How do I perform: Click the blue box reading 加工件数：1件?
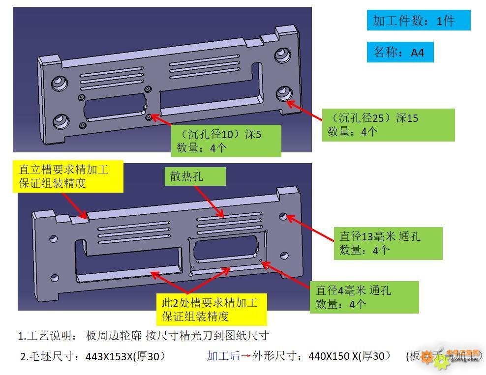418,21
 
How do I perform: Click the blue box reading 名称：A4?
400,52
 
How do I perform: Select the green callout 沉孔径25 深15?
388,125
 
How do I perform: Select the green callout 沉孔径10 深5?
226,141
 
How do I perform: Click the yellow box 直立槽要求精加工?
68,176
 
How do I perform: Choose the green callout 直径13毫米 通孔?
388,243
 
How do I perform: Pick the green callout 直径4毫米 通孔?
364,297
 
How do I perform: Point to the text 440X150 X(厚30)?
349,356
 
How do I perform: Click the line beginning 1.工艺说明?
144,336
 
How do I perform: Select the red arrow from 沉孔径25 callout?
304,112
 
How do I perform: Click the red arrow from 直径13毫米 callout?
310,228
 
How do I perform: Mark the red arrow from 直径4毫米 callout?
286,276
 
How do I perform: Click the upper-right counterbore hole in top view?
282,55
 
